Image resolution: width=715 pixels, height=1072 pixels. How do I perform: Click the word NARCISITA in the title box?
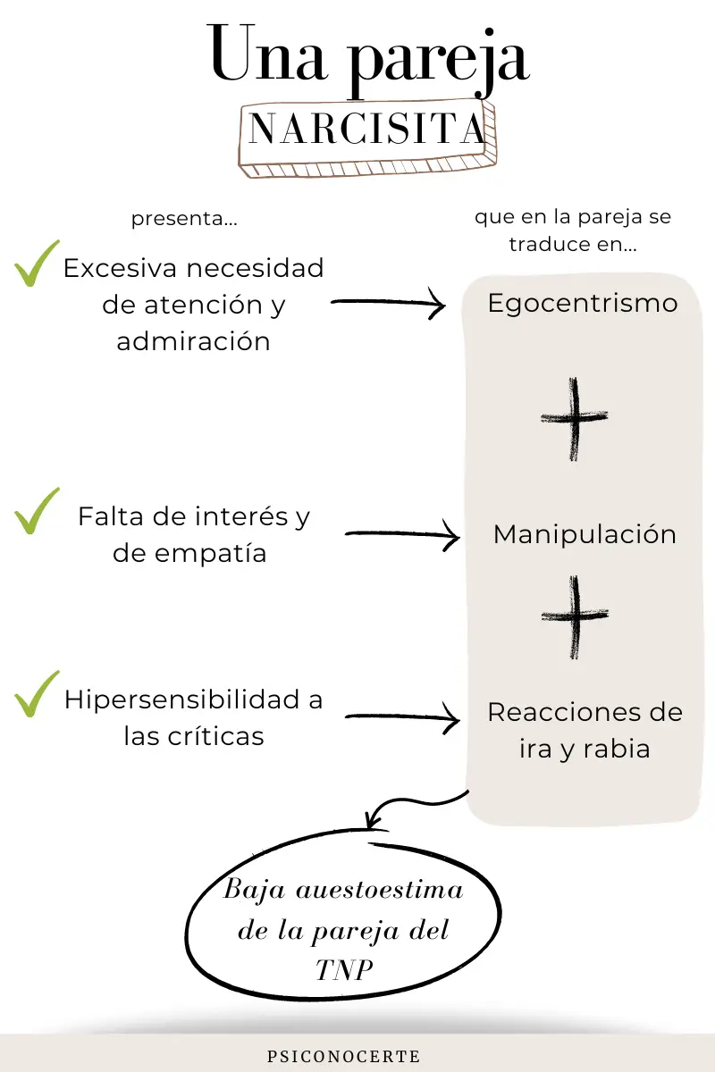click(x=367, y=129)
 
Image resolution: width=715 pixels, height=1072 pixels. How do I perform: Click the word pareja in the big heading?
click(x=439, y=63)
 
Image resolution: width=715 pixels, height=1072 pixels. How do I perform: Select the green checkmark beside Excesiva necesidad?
click(x=37, y=264)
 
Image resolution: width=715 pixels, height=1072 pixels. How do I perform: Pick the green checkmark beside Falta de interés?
click(x=37, y=511)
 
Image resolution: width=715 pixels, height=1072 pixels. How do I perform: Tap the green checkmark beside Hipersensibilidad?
click(x=37, y=694)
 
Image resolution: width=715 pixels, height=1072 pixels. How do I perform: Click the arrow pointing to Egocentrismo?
click(x=389, y=303)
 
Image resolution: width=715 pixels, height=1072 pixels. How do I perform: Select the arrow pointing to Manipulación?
click(x=403, y=534)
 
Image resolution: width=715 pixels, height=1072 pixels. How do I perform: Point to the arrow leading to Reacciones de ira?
click(x=403, y=716)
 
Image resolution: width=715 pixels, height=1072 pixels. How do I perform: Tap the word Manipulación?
click(x=585, y=534)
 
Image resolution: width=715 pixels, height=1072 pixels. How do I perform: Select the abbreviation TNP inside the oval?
click(x=344, y=970)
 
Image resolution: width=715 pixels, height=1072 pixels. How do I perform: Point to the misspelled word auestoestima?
click(x=380, y=891)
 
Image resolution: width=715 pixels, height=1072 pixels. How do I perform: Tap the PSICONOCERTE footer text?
click(x=344, y=1056)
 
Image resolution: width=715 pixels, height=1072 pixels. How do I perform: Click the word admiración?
click(x=193, y=340)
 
